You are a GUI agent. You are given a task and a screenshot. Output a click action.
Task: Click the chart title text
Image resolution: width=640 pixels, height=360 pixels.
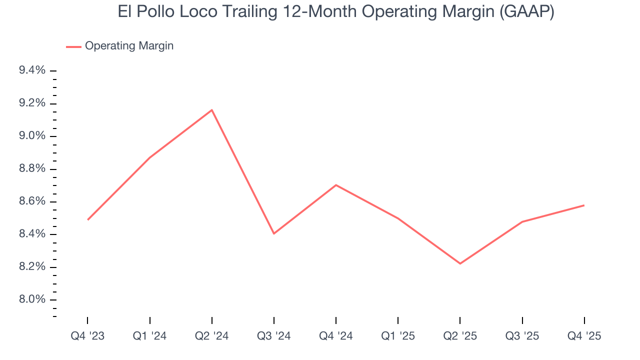coord(336,12)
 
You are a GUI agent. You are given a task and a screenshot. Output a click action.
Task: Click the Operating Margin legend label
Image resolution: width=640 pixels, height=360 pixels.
coord(129,46)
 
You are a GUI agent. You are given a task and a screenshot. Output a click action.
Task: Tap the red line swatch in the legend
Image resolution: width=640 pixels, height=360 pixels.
coord(73,46)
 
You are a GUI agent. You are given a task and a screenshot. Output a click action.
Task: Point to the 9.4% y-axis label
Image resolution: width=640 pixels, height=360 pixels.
coord(32,71)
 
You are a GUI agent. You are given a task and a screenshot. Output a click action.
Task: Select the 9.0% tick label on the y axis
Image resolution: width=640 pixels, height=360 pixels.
coord(32,136)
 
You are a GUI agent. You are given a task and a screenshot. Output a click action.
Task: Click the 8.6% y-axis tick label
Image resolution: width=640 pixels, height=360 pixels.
coord(32,202)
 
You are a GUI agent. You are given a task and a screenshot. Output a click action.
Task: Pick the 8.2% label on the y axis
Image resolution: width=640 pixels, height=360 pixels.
coord(32,267)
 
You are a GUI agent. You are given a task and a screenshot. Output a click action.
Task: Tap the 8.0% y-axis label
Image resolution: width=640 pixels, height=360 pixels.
coord(32,300)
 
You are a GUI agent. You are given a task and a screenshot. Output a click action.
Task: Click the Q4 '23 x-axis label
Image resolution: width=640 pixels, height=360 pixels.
coord(87,336)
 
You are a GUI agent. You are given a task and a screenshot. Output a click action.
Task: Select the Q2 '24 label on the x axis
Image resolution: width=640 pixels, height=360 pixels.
coord(212,336)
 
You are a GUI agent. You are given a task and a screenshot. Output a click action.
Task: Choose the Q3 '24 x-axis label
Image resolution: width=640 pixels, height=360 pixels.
coord(274,336)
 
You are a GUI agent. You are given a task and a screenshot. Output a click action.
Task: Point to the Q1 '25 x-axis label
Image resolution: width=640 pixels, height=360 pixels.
coord(398,336)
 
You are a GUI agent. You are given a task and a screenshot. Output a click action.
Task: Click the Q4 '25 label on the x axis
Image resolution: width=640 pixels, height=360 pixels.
coord(584,336)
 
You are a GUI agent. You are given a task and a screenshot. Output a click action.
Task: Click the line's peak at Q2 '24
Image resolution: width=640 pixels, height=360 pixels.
coord(212,110)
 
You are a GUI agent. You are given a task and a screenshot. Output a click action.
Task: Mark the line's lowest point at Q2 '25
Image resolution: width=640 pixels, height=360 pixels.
coord(460,263)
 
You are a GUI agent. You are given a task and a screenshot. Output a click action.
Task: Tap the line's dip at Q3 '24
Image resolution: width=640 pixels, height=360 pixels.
coord(274,233)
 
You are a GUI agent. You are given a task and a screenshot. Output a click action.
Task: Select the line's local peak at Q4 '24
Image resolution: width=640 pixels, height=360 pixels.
coord(336,185)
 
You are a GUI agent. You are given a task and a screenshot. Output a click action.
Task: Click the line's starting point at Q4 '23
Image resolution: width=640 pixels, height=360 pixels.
coord(87,219)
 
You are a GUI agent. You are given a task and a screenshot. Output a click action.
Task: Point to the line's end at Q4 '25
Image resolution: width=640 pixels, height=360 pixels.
coord(584,205)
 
